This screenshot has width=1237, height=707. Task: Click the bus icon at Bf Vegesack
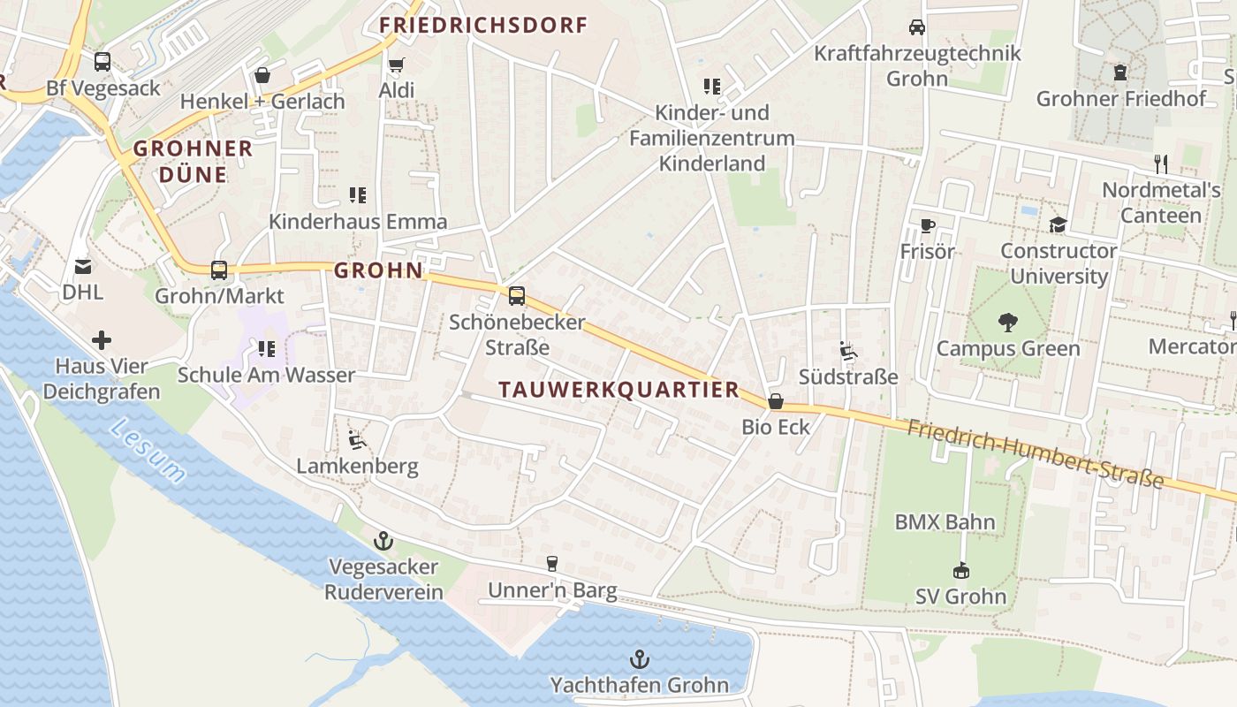(102, 62)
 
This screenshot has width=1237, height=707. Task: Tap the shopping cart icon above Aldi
(396, 65)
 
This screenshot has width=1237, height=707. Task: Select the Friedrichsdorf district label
(483, 26)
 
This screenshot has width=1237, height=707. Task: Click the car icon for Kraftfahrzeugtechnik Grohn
(917, 27)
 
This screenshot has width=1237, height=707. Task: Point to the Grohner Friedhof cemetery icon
(1120, 72)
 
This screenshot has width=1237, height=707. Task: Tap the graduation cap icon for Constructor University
(1058, 224)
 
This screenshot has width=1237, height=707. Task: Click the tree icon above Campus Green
(1007, 323)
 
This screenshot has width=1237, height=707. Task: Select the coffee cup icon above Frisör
(927, 226)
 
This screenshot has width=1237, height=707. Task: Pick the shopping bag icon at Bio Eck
(776, 401)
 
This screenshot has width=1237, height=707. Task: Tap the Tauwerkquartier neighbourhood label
(618, 390)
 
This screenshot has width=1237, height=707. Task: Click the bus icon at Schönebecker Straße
(517, 296)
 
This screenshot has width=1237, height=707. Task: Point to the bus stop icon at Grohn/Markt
(219, 270)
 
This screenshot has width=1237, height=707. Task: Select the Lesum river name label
(148, 452)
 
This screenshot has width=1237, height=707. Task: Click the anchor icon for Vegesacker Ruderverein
(383, 540)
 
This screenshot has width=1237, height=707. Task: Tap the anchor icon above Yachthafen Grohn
(639, 659)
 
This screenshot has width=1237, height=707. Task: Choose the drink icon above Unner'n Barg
(552, 564)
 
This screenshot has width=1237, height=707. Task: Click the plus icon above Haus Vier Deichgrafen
(102, 340)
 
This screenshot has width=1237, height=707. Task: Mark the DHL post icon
(82, 266)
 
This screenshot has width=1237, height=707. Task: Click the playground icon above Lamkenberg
(356, 439)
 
